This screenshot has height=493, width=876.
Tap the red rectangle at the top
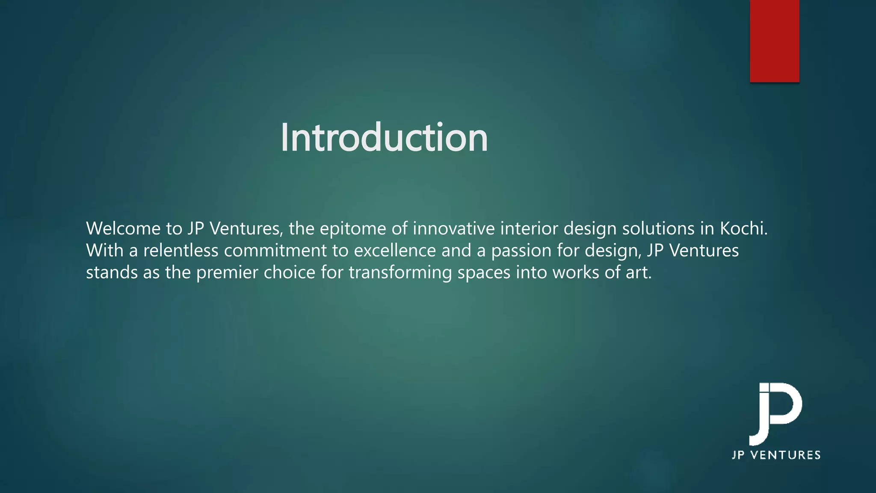[774, 41]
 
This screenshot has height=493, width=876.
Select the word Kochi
[743, 229]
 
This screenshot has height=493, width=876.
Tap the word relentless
[181, 250]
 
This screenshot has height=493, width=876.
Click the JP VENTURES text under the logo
[776, 455]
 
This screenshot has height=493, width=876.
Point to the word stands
[112, 273]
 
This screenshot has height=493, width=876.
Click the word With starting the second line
[105, 250]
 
